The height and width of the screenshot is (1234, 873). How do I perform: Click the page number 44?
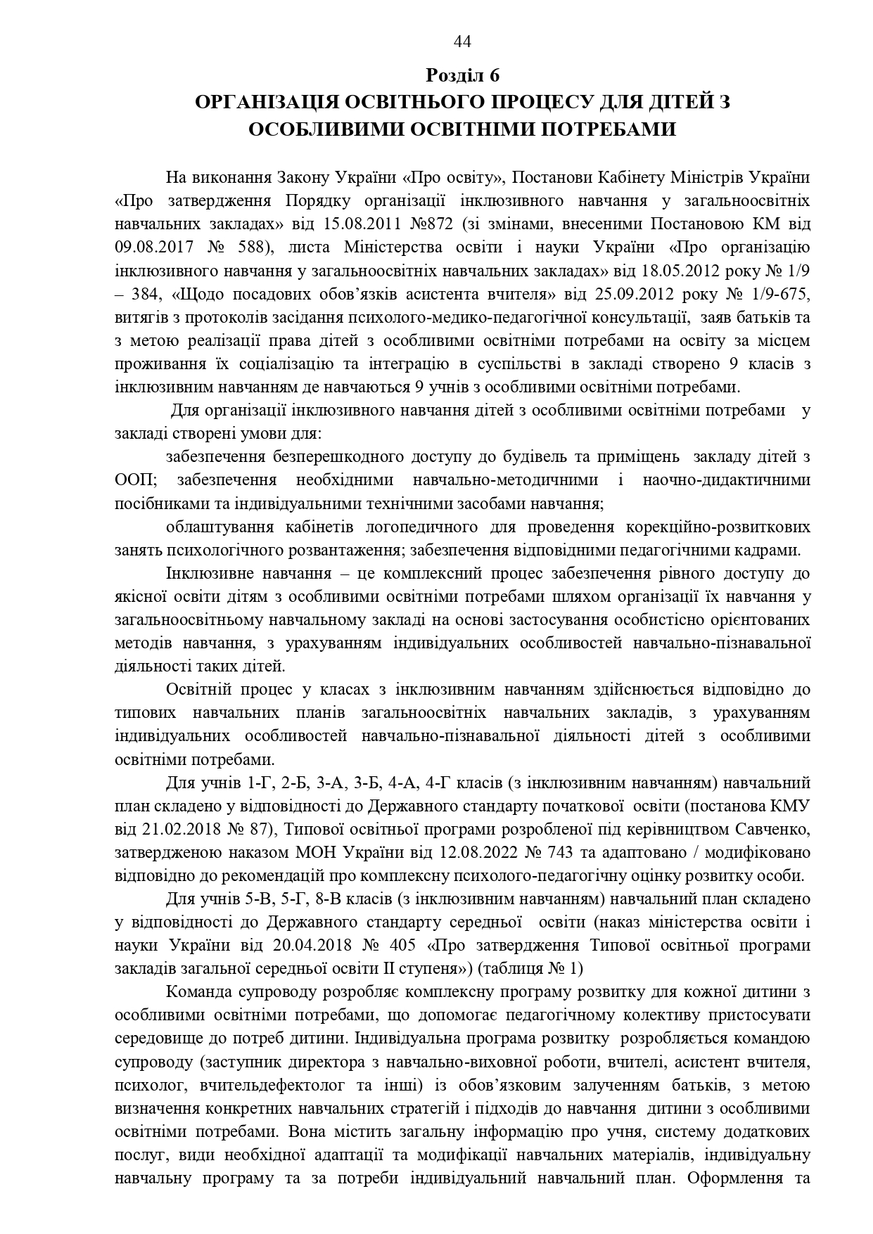click(462, 42)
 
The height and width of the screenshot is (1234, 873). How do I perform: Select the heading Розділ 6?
click(462, 75)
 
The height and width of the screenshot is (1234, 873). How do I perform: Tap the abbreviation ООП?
click(133, 480)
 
